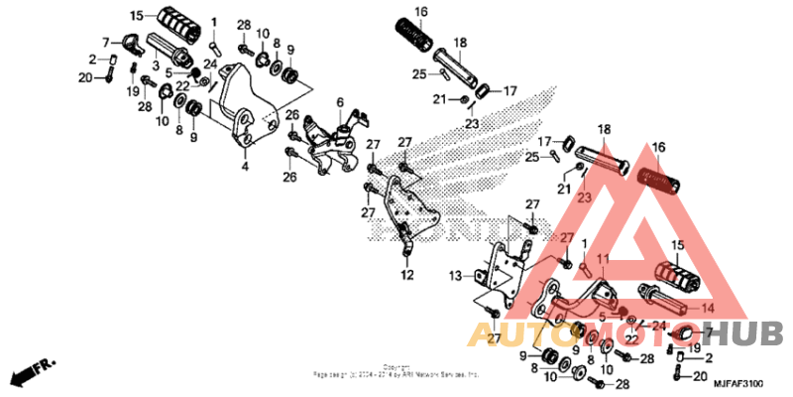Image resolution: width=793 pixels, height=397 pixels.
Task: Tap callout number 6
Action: (x=339, y=102)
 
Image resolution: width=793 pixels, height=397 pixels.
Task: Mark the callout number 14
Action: (x=707, y=308)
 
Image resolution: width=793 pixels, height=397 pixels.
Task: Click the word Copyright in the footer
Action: (x=397, y=365)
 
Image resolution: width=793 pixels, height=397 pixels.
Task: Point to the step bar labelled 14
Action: (x=664, y=298)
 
